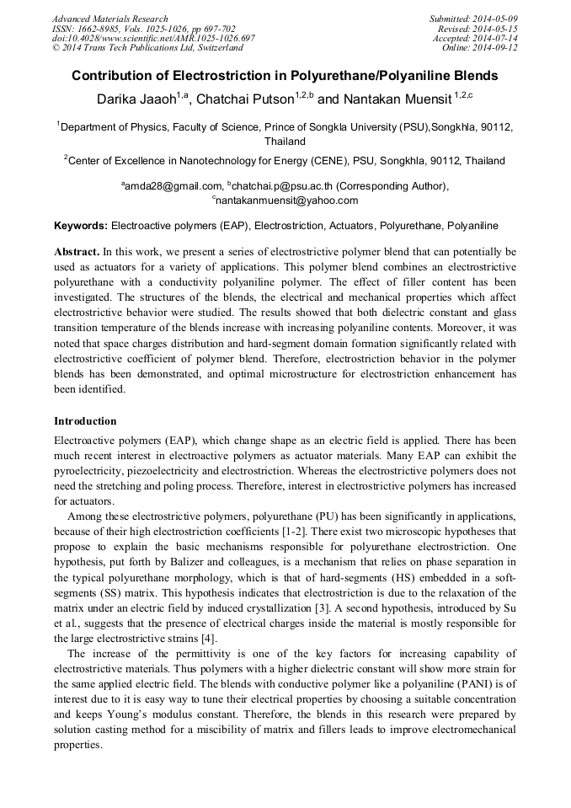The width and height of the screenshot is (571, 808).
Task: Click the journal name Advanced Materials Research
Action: pyautogui.click(x=109, y=19)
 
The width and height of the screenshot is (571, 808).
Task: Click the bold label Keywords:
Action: pyautogui.click(x=81, y=226)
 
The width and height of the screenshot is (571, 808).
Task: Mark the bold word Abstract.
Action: pyautogui.click(x=77, y=252)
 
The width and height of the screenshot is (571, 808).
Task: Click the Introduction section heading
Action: pyautogui.click(x=85, y=421)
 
